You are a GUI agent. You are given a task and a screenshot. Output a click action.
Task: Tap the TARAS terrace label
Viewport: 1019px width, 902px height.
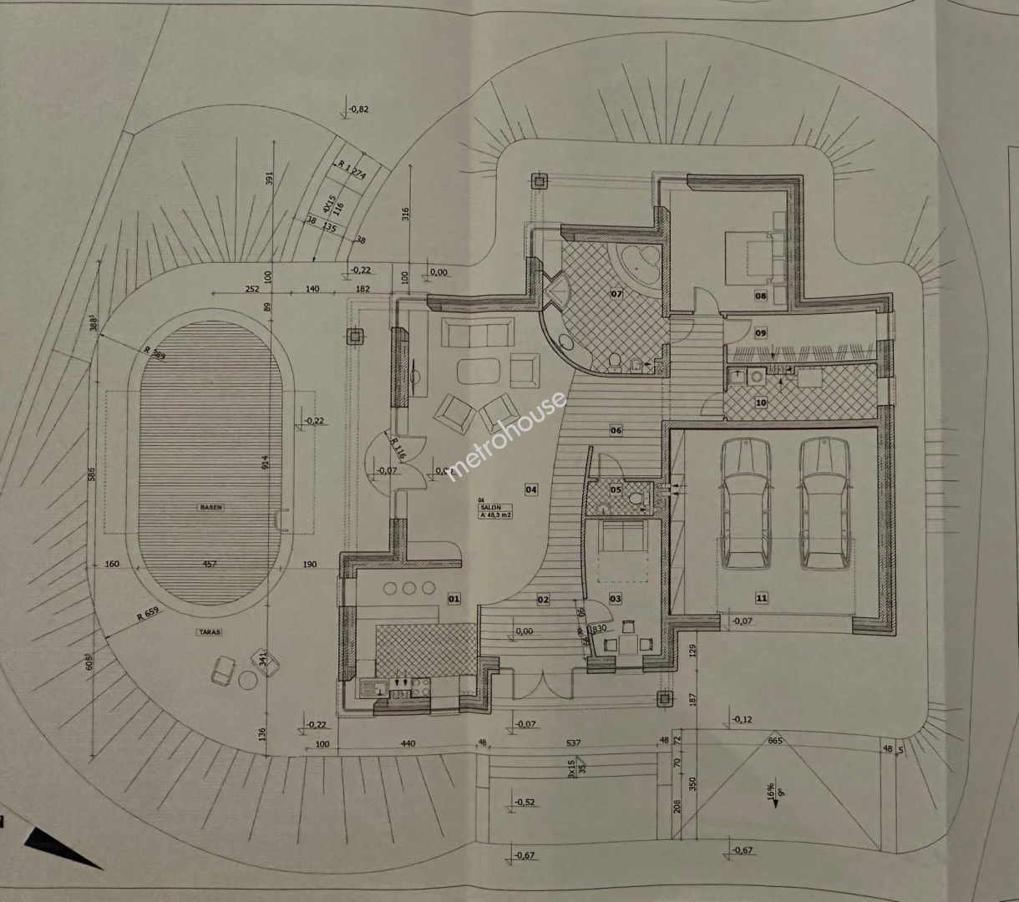pos(210,632)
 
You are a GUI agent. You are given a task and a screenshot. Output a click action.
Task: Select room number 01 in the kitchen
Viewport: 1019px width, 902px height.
pos(454,599)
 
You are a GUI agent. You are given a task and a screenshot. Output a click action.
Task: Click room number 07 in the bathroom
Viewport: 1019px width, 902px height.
pos(617,294)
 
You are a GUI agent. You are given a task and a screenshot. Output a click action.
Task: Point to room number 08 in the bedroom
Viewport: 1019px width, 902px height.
pos(761,296)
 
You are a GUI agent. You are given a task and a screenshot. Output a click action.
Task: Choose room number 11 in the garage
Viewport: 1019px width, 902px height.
pos(761,598)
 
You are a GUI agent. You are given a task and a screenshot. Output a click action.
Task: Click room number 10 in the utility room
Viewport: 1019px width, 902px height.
pos(761,403)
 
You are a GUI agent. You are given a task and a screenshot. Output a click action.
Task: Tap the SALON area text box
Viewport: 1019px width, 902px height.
pos(495,511)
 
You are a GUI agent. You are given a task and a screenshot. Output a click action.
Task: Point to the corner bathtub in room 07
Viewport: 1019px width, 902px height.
pos(639,262)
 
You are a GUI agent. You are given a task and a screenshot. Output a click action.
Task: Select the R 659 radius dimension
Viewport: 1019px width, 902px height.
pos(148,617)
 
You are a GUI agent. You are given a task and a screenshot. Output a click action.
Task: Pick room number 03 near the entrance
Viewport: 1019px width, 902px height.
pos(616,599)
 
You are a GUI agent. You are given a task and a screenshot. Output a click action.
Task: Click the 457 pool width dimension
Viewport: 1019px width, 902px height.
pos(210,565)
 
